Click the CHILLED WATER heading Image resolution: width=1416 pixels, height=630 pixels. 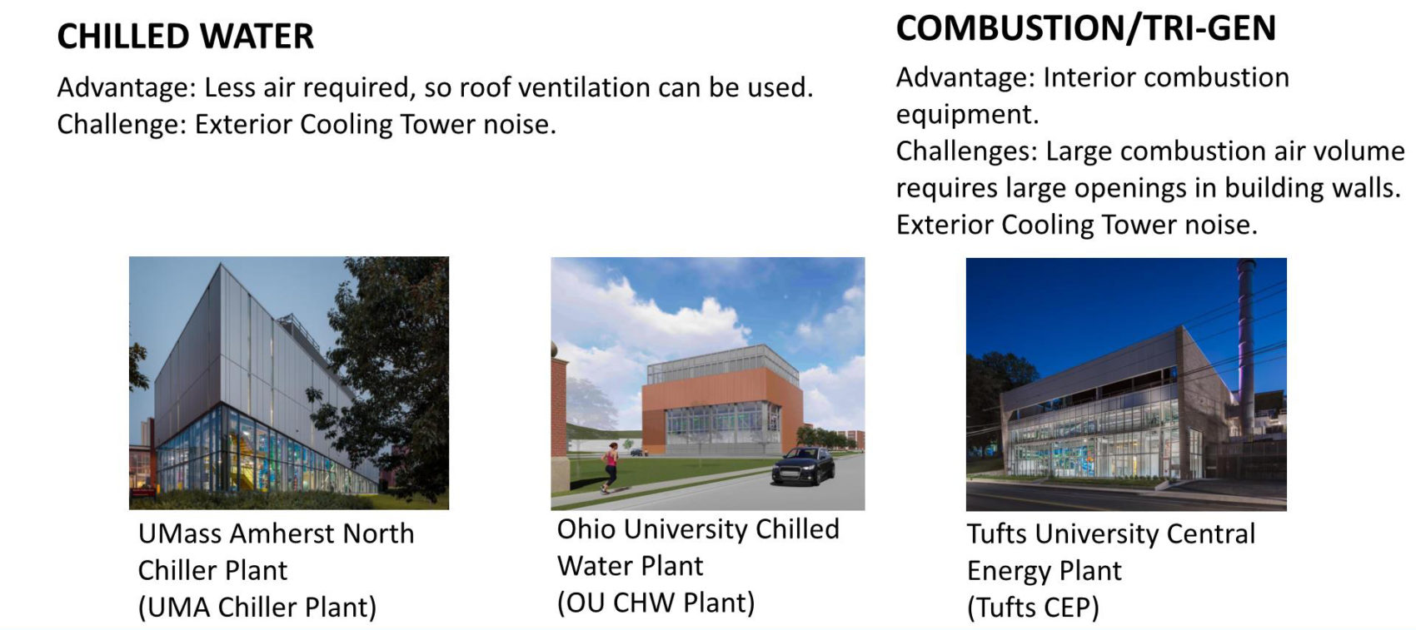click(185, 36)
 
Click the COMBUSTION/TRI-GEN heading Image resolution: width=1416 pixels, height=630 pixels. click(1086, 29)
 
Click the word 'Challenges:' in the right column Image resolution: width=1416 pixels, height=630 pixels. click(966, 151)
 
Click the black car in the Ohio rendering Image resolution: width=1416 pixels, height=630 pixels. click(804, 466)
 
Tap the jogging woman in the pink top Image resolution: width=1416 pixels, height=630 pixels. click(610, 467)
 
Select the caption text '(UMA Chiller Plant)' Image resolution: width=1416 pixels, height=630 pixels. click(257, 608)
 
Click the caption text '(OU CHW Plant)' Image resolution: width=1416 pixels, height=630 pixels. click(656, 603)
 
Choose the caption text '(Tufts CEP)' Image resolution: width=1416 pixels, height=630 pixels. click(1033, 608)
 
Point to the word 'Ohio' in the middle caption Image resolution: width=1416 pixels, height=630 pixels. click(586, 529)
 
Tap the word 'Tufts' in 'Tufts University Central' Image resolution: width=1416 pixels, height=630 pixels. click(998, 534)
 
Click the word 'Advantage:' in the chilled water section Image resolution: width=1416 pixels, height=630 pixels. click(127, 87)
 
